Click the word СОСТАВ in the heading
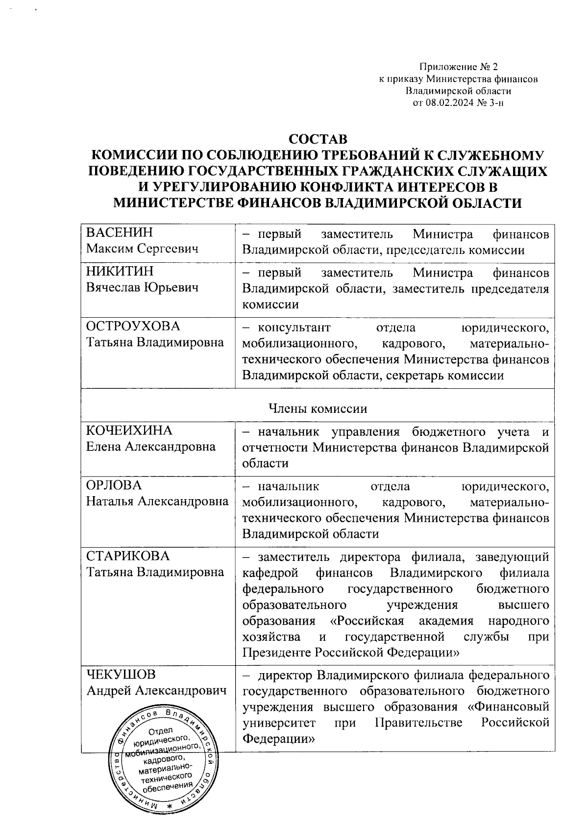(x=318, y=138)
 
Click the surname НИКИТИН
(x=120, y=271)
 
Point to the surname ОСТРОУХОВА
(x=133, y=326)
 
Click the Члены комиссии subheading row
(x=318, y=408)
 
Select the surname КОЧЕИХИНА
(x=129, y=430)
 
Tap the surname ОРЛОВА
(x=114, y=485)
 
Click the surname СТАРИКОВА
(x=128, y=556)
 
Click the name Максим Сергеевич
(x=142, y=249)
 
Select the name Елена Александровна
(x=150, y=447)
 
